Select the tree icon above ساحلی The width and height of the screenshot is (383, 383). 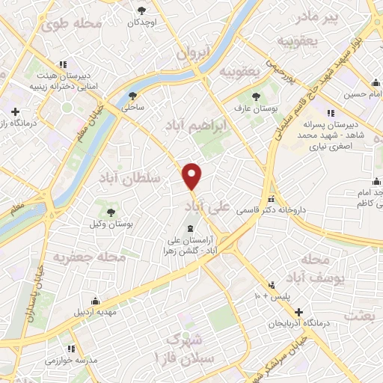tap(133, 96)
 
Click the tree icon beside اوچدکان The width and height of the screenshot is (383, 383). tap(142, 10)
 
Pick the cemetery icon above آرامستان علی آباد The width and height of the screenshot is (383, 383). tap(188, 228)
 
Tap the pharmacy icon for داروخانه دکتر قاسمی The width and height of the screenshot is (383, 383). tap(271, 200)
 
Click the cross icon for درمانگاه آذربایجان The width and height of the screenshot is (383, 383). tap(298, 312)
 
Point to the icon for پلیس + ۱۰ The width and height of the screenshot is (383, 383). tap(273, 285)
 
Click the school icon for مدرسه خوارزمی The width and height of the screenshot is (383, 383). tap(72, 349)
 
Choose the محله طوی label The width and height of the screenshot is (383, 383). tap(71, 24)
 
